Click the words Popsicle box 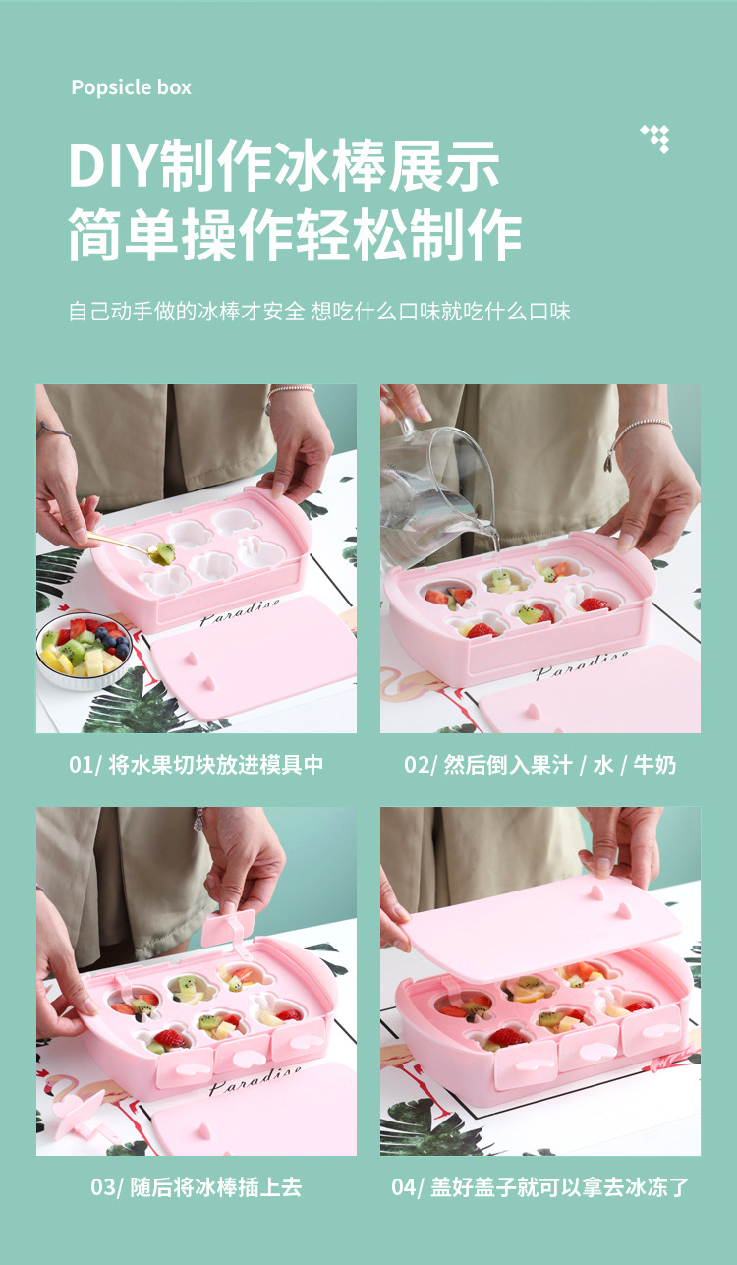tap(131, 87)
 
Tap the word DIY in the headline tap(112, 166)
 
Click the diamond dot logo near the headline tap(655, 139)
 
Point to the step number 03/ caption tap(107, 1187)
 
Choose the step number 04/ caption tap(408, 1187)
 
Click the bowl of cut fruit tap(84, 651)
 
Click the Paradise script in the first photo tap(240, 612)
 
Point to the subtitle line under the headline tap(319, 312)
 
